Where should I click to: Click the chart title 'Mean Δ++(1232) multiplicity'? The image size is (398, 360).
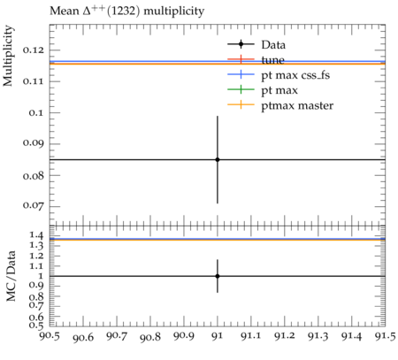(126, 11)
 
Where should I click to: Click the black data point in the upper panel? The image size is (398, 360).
(218, 159)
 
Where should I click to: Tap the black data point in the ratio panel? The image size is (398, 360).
(218, 276)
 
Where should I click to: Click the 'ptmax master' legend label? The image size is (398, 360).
(297, 105)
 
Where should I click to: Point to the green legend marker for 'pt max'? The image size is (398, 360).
(241, 89)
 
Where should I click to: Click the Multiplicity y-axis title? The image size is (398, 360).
(8, 56)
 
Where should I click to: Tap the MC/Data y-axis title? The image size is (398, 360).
(11, 276)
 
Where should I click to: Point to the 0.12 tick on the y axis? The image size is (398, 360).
(33, 50)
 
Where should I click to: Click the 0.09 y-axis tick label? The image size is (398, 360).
(33, 143)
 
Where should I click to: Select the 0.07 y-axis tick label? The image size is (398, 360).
(33, 205)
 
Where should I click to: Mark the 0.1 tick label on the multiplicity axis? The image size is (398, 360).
(36, 112)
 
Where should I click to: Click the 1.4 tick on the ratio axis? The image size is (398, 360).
(36, 235)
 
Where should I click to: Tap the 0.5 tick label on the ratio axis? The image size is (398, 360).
(36, 325)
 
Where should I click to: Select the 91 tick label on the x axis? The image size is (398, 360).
(218, 336)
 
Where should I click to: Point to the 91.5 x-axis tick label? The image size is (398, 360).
(385, 336)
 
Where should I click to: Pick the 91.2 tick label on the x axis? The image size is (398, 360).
(285, 336)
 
